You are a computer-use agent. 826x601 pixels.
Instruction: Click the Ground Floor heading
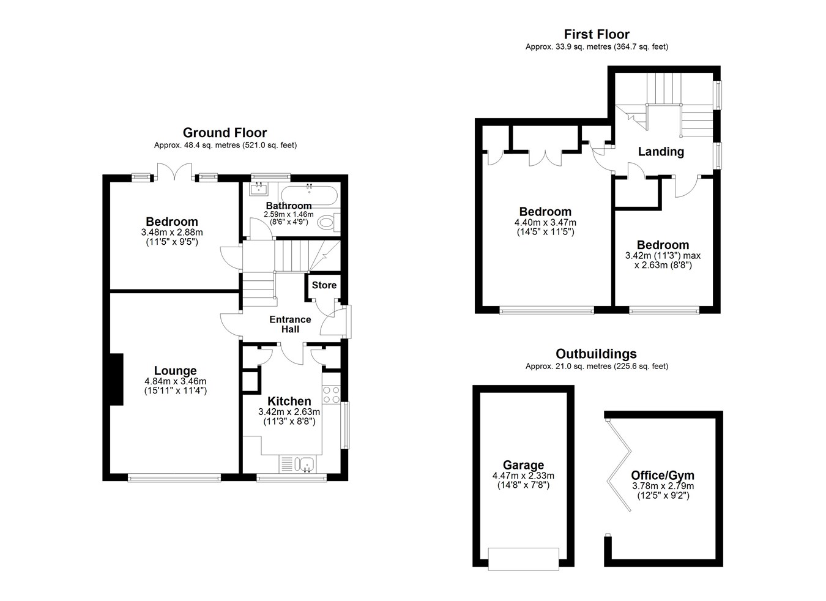pos(225,132)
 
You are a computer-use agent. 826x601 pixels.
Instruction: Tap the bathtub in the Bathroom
pos(309,195)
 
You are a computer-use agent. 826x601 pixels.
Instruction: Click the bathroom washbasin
pos(258,189)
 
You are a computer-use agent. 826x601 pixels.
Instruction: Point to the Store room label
pos(324,285)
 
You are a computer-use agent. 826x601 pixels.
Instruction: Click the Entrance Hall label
pos(290,324)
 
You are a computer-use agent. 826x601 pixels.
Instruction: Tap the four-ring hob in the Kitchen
pos(331,394)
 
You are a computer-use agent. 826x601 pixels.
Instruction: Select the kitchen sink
pos(307,464)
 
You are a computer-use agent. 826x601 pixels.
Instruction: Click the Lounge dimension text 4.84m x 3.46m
pos(176,381)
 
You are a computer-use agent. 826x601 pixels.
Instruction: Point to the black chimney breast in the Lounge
pos(116,379)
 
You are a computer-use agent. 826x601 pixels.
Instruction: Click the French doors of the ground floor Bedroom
pos(174,172)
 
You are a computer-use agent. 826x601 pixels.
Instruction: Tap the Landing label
pos(661,152)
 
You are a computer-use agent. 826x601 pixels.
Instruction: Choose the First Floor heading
pos(597,34)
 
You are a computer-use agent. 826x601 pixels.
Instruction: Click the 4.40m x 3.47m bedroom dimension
pos(545,223)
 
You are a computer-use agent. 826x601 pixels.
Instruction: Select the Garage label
pos(523,465)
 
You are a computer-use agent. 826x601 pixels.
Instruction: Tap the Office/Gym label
pos(663,475)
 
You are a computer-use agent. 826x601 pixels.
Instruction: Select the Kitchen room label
pos(289,401)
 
